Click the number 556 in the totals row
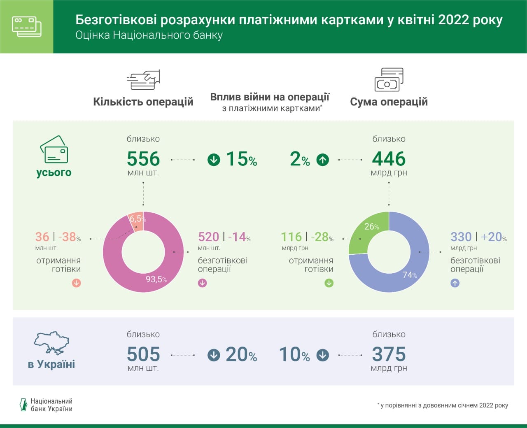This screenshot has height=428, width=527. pos(143,159)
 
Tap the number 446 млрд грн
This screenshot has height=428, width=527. pos(389,159)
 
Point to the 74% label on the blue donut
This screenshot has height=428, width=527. pos(410,274)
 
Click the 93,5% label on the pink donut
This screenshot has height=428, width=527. pos(156,279)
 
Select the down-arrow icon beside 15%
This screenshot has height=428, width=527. pos(214,160)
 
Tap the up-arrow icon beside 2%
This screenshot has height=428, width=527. pos(323,160)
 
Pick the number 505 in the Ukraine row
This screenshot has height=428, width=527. pos(143,354)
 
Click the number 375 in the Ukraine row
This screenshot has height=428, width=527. pos(389,354)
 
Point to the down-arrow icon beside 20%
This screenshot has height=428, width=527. pos(214,355)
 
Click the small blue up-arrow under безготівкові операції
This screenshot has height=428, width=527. pos(455,283)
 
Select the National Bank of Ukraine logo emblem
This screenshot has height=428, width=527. pos(23,405)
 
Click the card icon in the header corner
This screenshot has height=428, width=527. pos(27,26)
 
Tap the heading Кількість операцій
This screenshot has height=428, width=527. pos(143,102)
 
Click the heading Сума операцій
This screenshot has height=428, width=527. pos(389,102)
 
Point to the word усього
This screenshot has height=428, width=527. pos(54,172)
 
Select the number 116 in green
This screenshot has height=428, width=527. pos(291,237)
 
